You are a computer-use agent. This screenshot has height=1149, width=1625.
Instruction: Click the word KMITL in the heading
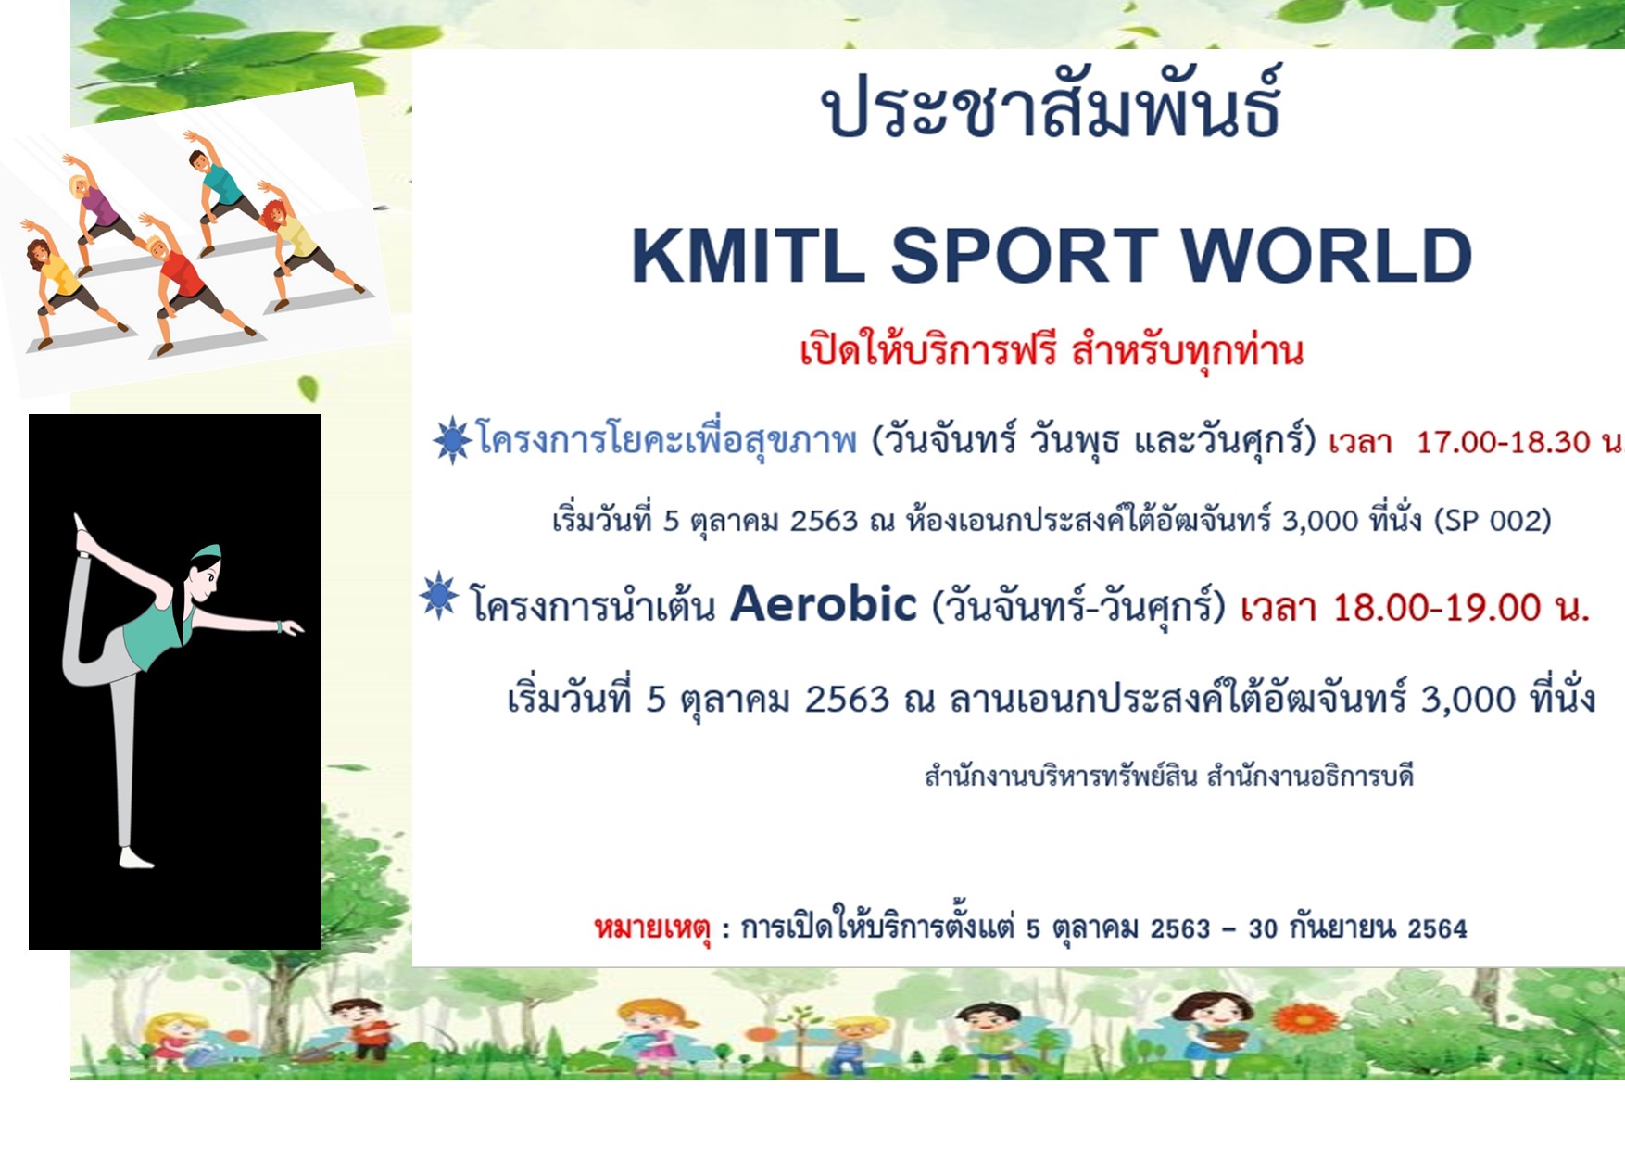point(748,255)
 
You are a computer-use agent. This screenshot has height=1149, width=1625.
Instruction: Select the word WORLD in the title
point(1327,255)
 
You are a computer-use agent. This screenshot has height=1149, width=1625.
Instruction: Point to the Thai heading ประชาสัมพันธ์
point(1052,104)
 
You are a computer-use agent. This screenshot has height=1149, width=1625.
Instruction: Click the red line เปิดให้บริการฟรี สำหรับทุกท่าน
point(1052,351)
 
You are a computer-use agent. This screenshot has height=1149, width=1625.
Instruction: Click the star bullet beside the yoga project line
point(452,440)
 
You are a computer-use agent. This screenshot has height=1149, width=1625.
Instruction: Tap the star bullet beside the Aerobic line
point(438,596)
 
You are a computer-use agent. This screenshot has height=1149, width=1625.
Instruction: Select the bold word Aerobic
point(824,604)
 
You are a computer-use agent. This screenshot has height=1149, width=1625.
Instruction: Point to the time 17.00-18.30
point(1503,442)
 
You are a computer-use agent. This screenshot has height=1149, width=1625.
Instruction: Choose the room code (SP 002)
point(1493,521)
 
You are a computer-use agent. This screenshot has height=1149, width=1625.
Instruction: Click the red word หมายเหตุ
point(652,928)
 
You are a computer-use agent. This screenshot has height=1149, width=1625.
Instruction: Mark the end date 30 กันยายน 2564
point(1357,928)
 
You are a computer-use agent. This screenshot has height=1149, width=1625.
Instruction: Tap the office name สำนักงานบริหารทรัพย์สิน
point(1061,775)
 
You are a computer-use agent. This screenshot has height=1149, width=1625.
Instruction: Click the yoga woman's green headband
point(206,552)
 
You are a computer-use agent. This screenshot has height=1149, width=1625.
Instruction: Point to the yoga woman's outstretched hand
point(291,628)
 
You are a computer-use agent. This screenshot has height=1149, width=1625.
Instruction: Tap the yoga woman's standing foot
point(135,859)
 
